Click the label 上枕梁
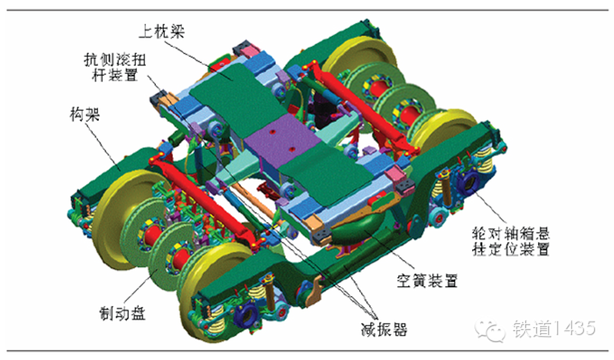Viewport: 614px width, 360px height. (x=161, y=31)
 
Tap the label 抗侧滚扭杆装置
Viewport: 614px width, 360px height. (x=114, y=67)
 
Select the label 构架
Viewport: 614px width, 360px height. (x=84, y=114)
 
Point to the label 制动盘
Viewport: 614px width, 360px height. (x=122, y=313)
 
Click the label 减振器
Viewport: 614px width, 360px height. (x=384, y=329)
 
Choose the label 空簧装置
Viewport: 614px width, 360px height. (x=427, y=280)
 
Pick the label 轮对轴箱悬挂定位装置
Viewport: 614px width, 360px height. (x=510, y=241)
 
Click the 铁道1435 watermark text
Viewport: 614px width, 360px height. (x=553, y=329)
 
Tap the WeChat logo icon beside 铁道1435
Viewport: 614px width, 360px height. (x=489, y=329)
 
